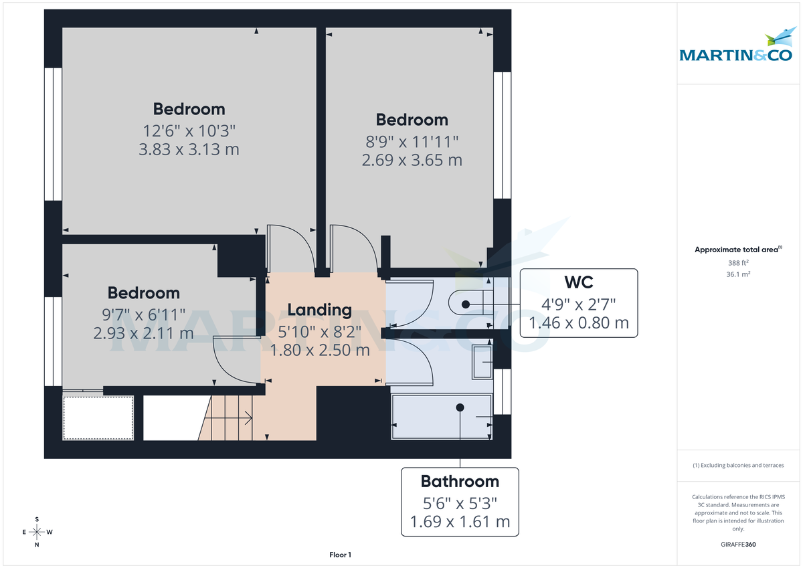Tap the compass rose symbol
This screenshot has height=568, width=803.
pos(37,532)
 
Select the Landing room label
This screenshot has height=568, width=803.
pos(319,309)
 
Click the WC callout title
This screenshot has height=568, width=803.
pos(579,281)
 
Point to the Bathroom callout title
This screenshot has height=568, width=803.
pos(460,481)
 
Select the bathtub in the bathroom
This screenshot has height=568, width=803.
pos(442,416)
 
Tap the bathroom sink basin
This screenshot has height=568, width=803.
pos(482,362)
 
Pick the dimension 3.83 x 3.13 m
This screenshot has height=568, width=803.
pos(189,149)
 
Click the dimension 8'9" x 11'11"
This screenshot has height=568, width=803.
pos(412,140)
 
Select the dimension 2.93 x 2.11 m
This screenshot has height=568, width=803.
pos(144,333)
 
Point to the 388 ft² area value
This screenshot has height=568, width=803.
pos(738,263)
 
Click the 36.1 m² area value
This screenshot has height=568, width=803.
pos(738,274)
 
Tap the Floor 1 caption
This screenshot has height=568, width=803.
pos(340,555)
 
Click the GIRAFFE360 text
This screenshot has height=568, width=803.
pos(738,545)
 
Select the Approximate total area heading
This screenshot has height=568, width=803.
pos(738,250)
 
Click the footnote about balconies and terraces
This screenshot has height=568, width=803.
pos(738,465)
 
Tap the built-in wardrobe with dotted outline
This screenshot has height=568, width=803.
pos(98,417)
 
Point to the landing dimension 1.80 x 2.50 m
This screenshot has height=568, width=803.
pos(319,349)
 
